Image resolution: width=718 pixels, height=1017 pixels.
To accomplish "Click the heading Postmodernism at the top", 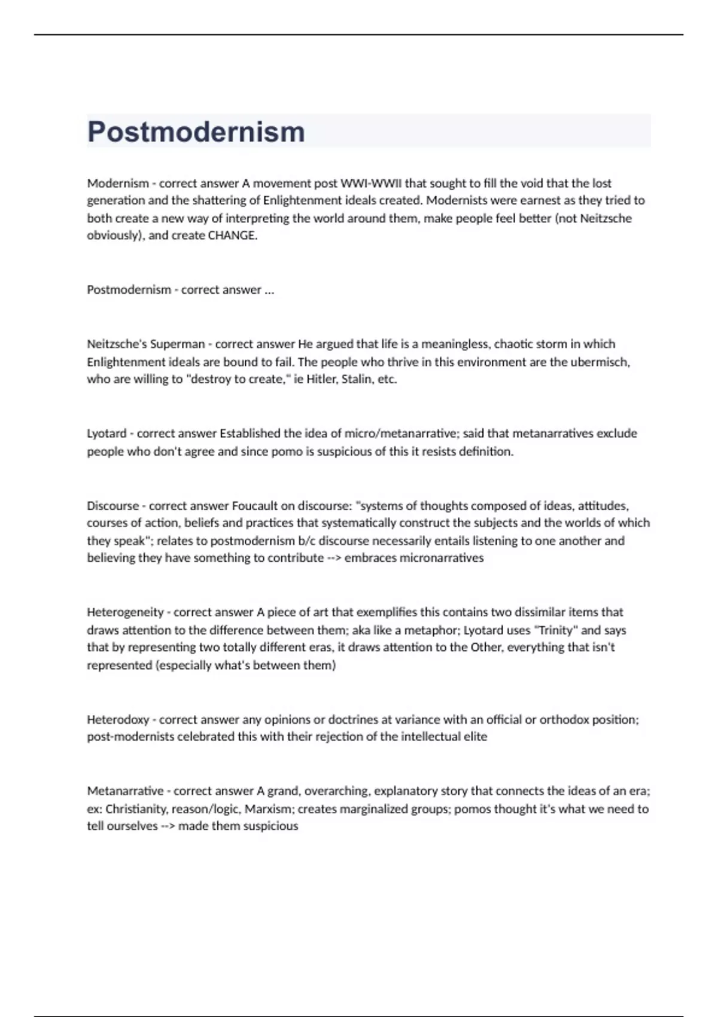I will click(x=196, y=132).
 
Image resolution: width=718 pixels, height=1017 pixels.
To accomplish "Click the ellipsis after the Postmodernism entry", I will click(x=269, y=290).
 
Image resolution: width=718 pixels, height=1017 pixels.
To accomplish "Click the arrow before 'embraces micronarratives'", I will click(x=334, y=558).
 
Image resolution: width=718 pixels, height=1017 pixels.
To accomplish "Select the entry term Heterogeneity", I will click(x=125, y=612).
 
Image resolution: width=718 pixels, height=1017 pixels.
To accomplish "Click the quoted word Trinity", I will click(x=556, y=630).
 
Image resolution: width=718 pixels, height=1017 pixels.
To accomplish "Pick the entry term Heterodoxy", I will click(x=118, y=719).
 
